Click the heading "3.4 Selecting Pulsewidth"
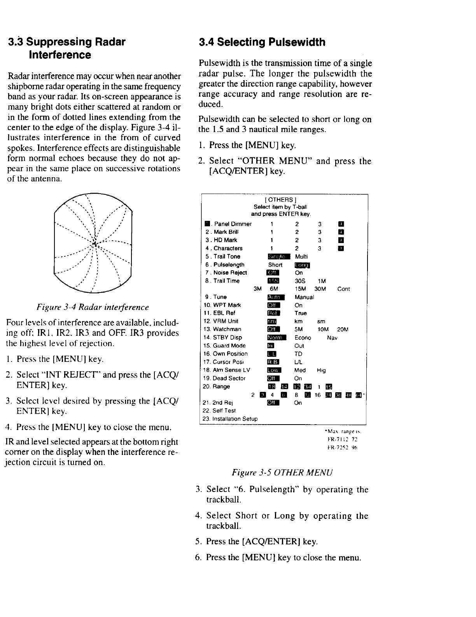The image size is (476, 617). pyautogui.click(x=262, y=42)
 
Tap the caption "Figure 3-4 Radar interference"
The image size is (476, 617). pyautogui.click(x=92, y=307)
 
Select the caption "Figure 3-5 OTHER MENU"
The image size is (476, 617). pyautogui.click(x=282, y=473)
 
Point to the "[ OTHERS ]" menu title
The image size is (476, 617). pyautogui.click(x=283, y=201)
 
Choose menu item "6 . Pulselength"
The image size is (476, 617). pyautogui.click(x=225, y=265)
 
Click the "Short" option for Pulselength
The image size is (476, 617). pyautogui.click(x=275, y=265)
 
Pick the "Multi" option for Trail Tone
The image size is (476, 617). pyautogui.click(x=301, y=257)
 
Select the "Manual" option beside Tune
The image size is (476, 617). pyautogui.click(x=304, y=297)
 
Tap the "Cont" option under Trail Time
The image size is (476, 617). pyautogui.click(x=343, y=289)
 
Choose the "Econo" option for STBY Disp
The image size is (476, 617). pyautogui.click(x=303, y=338)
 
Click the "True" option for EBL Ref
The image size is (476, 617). pyautogui.click(x=301, y=313)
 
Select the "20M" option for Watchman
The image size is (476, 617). pyautogui.click(x=343, y=330)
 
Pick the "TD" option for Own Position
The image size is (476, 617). pyautogui.click(x=298, y=354)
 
